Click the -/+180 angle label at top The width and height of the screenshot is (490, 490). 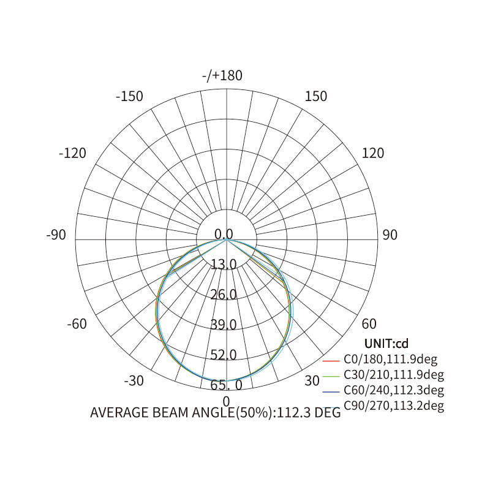(222, 75)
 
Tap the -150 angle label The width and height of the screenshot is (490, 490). (129, 96)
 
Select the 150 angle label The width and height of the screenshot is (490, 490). (316, 96)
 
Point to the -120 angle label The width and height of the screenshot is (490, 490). (72, 153)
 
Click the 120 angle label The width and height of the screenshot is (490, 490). (373, 153)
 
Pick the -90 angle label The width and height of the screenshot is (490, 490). (56, 235)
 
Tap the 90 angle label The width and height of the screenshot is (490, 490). (390, 235)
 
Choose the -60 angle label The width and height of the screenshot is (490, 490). (77, 324)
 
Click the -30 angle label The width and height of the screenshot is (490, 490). (134, 380)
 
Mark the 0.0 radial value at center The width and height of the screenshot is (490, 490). (224, 234)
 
